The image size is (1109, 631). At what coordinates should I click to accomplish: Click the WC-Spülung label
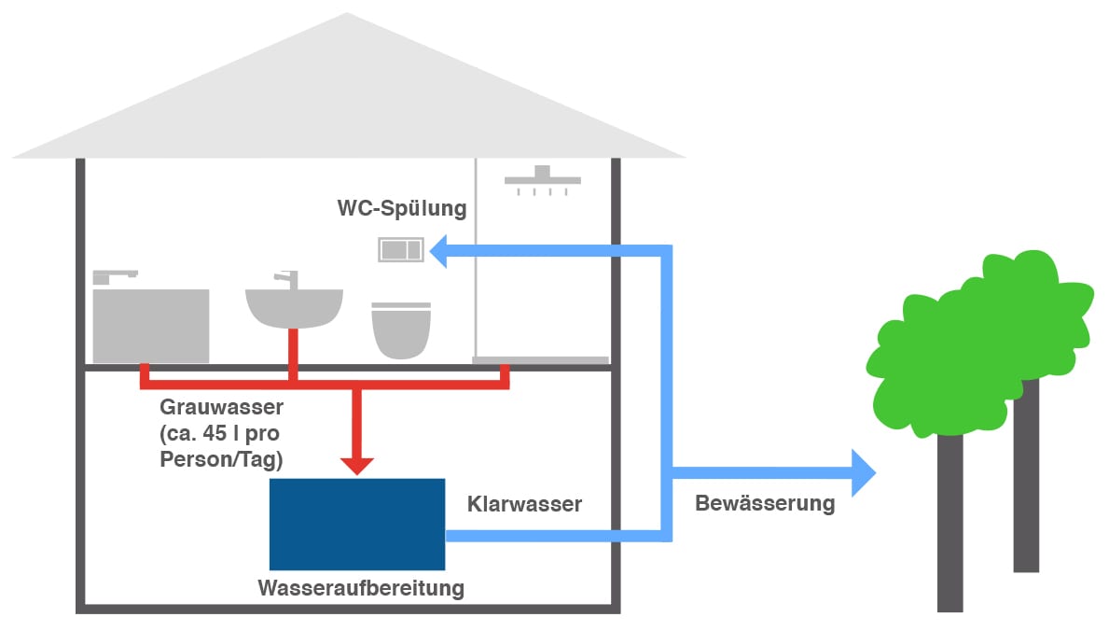pyautogui.click(x=401, y=207)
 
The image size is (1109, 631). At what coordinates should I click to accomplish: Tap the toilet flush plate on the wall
pyautogui.click(x=401, y=250)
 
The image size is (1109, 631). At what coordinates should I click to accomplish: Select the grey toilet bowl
pyautogui.click(x=401, y=331)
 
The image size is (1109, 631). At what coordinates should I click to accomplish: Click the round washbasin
pyautogui.click(x=293, y=308)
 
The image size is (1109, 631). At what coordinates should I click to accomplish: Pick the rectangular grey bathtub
pyautogui.click(x=151, y=326)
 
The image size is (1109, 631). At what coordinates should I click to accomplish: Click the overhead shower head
pyautogui.click(x=542, y=178)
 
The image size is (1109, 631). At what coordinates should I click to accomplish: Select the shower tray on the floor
pyautogui.click(x=540, y=360)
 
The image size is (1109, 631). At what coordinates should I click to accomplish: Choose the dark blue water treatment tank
pyautogui.click(x=356, y=524)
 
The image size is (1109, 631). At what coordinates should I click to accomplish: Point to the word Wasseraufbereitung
pyautogui.click(x=361, y=589)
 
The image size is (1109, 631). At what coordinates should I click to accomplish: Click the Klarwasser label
pyautogui.click(x=524, y=504)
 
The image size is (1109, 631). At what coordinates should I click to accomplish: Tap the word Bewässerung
pyautogui.click(x=765, y=503)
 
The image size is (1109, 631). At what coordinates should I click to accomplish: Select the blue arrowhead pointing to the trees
pyautogui.click(x=862, y=470)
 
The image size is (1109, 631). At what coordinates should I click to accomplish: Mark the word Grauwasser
pyautogui.click(x=221, y=408)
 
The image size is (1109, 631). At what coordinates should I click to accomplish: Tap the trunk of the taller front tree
pyautogui.click(x=950, y=523)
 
